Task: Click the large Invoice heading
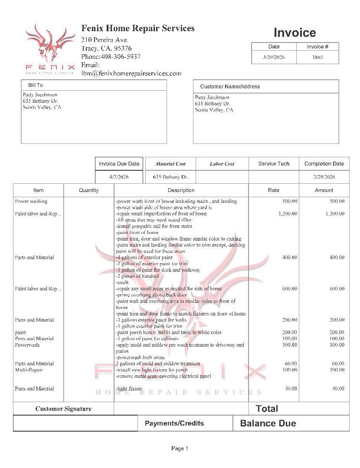pyautogui.click(x=295, y=33)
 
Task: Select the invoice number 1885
pyautogui.click(x=317, y=57)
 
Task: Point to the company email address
pyautogui.click(x=131, y=74)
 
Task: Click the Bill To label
pyautogui.click(x=36, y=85)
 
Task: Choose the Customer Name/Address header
pyautogui.click(x=230, y=87)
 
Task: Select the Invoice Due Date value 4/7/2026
pyautogui.click(x=119, y=177)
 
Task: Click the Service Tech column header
pyautogui.click(x=274, y=164)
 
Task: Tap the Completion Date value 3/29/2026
pyautogui.click(x=324, y=177)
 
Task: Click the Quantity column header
pyautogui.click(x=89, y=190)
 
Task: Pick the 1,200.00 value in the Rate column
pyautogui.click(x=288, y=214)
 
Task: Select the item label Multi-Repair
pyautogui.click(x=29, y=370)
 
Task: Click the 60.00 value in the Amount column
pyautogui.click(x=338, y=364)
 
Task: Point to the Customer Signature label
pyautogui.click(x=63, y=409)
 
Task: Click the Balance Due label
pyautogui.click(x=268, y=423)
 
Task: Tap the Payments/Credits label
pyautogui.click(x=174, y=423)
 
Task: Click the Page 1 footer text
pyautogui.click(x=180, y=448)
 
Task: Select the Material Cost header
pyautogui.click(x=170, y=164)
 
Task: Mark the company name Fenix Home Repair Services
pyautogui.click(x=138, y=29)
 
